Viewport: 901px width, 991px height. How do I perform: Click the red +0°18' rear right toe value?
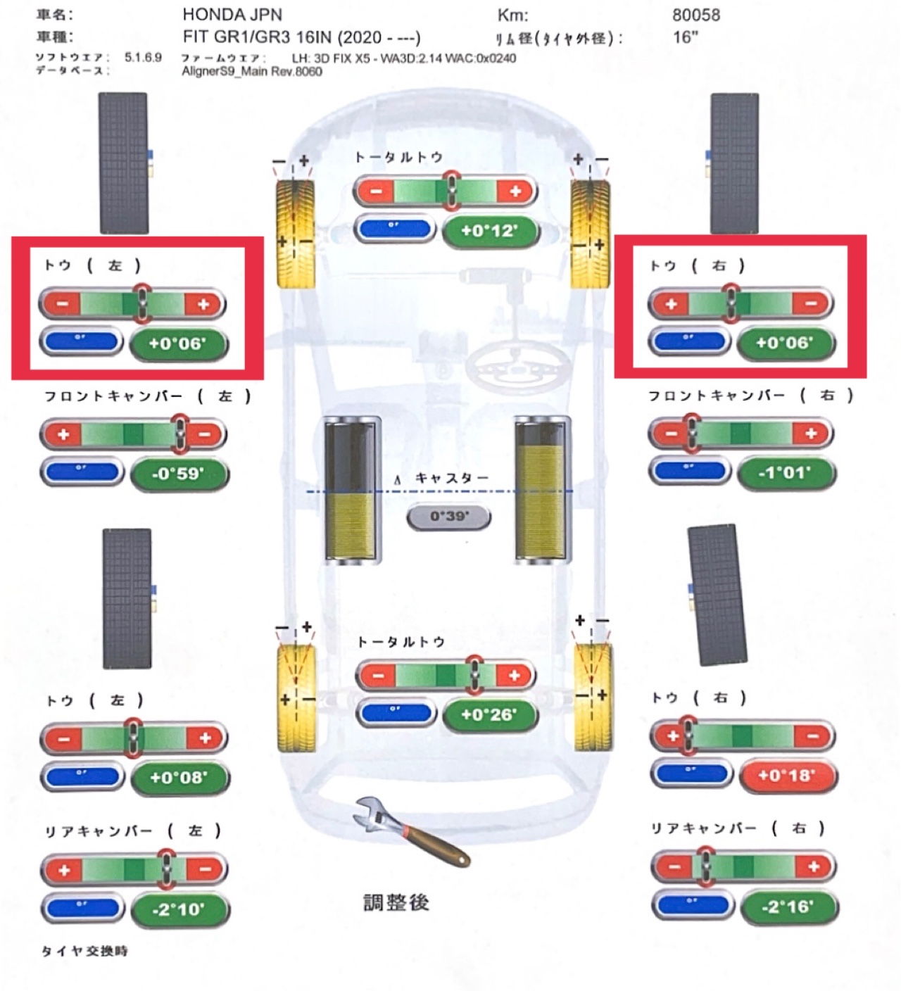[x=786, y=776]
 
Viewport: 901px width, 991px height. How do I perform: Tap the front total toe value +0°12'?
[x=489, y=231]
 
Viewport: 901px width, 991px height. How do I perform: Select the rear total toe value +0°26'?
[x=489, y=714]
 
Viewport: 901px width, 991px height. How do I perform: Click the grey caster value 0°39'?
[x=449, y=517]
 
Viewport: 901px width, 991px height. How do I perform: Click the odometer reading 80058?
[x=695, y=15]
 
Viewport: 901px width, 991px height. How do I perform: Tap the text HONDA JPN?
[x=232, y=15]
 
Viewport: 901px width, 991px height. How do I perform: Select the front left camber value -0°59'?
[x=179, y=474]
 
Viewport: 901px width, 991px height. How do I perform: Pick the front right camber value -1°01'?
[x=786, y=472]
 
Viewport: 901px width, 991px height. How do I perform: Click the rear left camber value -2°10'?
[x=179, y=909]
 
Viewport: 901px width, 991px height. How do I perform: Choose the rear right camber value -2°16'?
[x=788, y=907]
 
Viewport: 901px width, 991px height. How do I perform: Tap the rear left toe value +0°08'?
[x=179, y=778]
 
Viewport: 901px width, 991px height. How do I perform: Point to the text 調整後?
[x=396, y=903]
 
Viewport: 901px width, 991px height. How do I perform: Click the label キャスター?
[x=451, y=479]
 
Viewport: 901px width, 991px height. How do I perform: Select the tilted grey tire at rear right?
[x=718, y=595]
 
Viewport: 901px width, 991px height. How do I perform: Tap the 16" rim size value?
[x=685, y=37]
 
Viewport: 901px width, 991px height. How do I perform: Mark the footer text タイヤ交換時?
[x=84, y=951]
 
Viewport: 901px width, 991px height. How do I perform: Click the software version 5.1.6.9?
[x=143, y=57]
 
